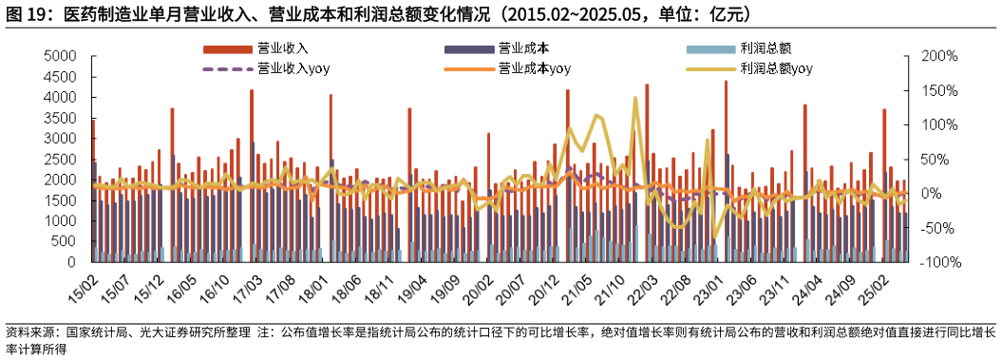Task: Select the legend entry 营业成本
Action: pyautogui.click(x=523, y=47)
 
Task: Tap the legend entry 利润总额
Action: pyautogui.click(x=766, y=47)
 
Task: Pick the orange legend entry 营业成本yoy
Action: pyautogui.click(x=533, y=68)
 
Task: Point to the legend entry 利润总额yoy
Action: pyautogui.click(x=775, y=68)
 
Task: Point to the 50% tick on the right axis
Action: pyautogui.click(x=928, y=160)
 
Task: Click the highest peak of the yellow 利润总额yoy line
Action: pyautogui.click(x=634, y=98)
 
